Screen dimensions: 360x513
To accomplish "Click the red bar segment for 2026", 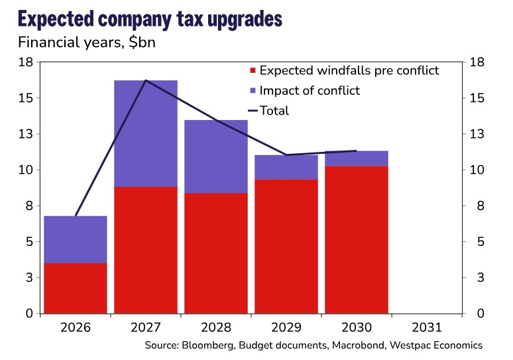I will point(75,288).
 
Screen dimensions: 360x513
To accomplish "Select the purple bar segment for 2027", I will point(145,133).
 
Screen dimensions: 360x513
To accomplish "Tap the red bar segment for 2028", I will point(215,253).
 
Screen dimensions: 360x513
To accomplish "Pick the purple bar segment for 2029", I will point(286,167).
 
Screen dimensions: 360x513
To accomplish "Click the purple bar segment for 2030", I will point(356,158).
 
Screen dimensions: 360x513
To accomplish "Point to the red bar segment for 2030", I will point(356,239).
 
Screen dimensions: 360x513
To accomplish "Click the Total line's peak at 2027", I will point(145,81).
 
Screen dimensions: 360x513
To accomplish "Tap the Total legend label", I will point(274,111).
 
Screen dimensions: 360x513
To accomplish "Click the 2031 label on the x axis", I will point(426,328).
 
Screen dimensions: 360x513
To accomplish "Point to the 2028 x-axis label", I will point(215,328).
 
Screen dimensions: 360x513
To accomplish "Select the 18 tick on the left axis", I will point(26,62).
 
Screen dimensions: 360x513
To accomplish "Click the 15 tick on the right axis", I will point(477,98).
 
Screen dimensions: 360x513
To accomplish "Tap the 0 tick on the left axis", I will point(29,313).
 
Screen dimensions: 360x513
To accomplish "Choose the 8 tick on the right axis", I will point(473,206).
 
